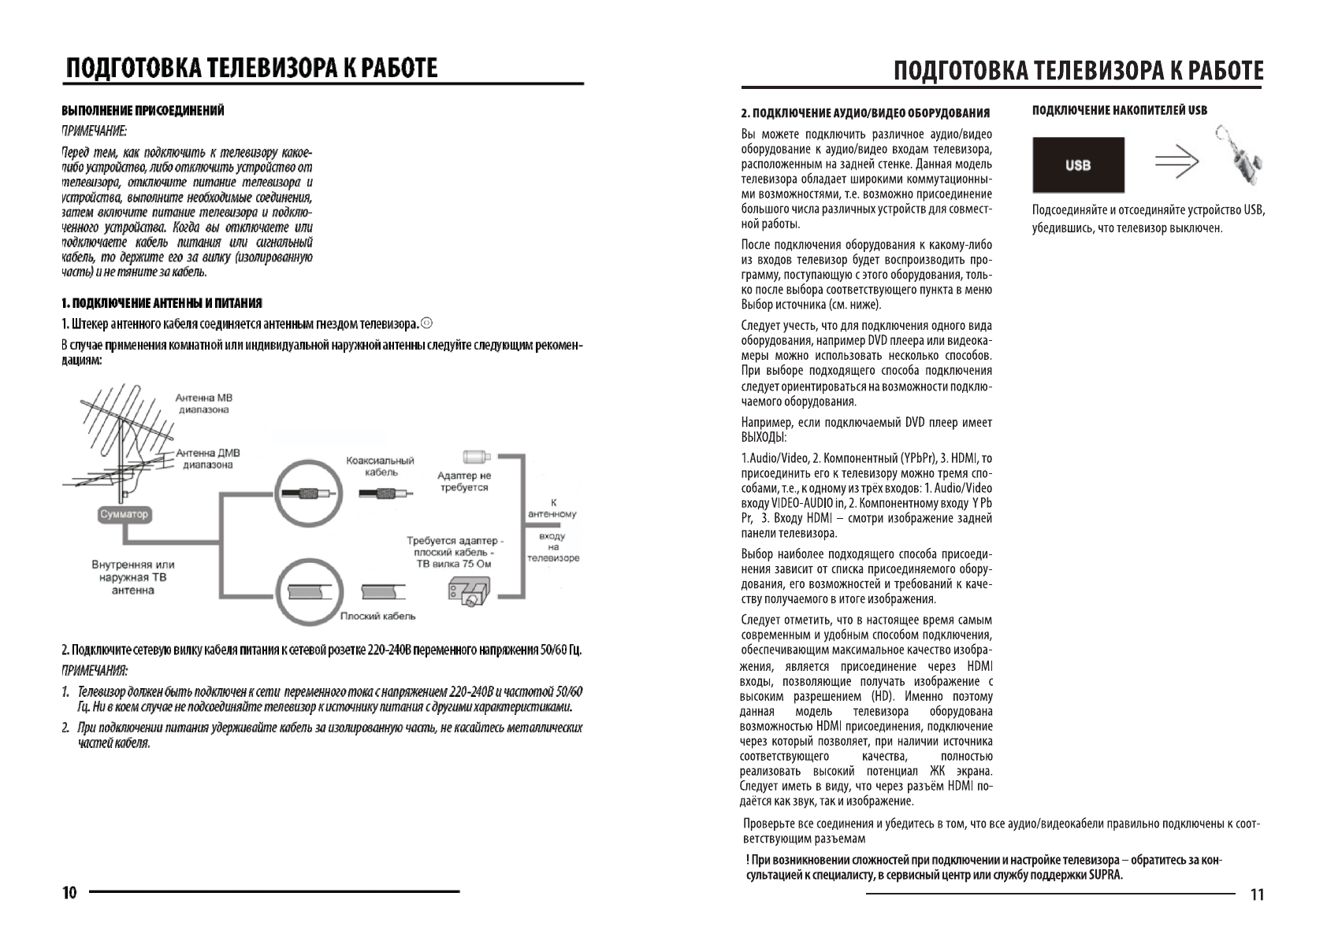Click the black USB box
click(x=1078, y=165)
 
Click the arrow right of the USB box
click(x=1176, y=163)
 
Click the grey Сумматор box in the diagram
click(x=125, y=514)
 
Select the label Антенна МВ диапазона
click(x=203, y=403)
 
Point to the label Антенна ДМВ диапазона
click(x=207, y=458)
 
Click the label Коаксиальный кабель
click(x=380, y=466)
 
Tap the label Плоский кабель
click(x=377, y=616)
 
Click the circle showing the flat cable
click(x=310, y=592)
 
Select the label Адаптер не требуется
click(x=463, y=481)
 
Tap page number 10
click(x=69, y=893)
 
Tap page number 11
click(x=1257, y=894)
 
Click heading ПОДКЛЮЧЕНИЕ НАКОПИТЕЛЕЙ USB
click(x=1119, y=110)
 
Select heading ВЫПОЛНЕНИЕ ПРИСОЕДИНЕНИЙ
click(x=143, y=110)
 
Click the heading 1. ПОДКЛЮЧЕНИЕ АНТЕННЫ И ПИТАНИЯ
click(x=162, y=303)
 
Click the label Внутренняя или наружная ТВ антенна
click(x=132, y=577)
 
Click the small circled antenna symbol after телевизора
click(x=427, y=324)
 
